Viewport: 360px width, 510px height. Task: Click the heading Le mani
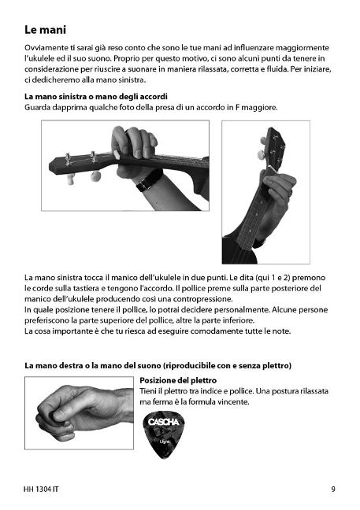45,30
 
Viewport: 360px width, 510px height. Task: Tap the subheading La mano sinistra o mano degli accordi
96,97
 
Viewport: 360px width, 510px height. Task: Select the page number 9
333,489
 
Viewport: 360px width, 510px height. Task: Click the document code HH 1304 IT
41,489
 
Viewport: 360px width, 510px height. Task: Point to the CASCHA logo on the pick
163,422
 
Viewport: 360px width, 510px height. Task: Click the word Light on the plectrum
165,442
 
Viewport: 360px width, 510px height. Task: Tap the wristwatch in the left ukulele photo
149,180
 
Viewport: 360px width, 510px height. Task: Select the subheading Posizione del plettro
178,380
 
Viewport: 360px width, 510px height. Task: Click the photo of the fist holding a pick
79,413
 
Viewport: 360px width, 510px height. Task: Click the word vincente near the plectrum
233,401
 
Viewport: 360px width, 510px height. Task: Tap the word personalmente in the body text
242,309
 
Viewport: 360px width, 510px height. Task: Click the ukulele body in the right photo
239,251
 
